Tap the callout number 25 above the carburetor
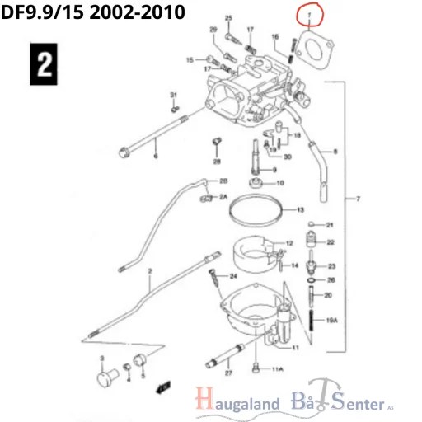[228, 18]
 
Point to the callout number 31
[173, 96]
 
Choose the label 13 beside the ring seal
[300, 210]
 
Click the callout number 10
[279, 183]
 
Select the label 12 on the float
[289, 244]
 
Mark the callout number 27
[228, 373]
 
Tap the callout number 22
[330, 242]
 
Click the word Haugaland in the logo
[236, 405]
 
